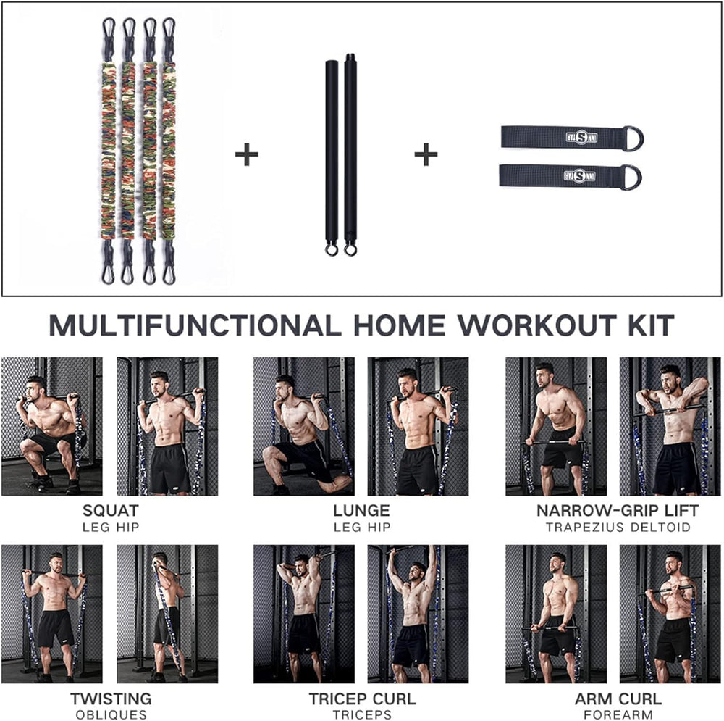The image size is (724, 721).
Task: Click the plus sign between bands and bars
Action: coord(247,155)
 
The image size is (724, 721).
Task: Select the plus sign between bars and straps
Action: coord(426,155)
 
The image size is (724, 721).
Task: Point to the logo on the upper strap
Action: coord(581,137)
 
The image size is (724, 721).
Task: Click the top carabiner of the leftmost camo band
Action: coord(109,30)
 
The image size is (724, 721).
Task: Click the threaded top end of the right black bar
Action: coord(350,59)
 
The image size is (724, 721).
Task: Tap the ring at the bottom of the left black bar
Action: coord(331,250)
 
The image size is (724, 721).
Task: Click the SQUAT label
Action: coord(111,510)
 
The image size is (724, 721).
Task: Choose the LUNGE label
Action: coord(361,510)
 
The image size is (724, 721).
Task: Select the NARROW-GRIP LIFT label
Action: coord(618,510)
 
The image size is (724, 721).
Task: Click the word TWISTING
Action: coord(111,699)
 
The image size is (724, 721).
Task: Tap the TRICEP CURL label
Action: coord(362,699)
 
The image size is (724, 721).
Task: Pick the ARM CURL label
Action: coord(618,699)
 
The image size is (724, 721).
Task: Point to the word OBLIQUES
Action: coord(111,714)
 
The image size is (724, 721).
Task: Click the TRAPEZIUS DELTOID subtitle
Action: coord(618,527)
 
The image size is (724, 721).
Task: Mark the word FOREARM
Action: coord(618,714)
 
